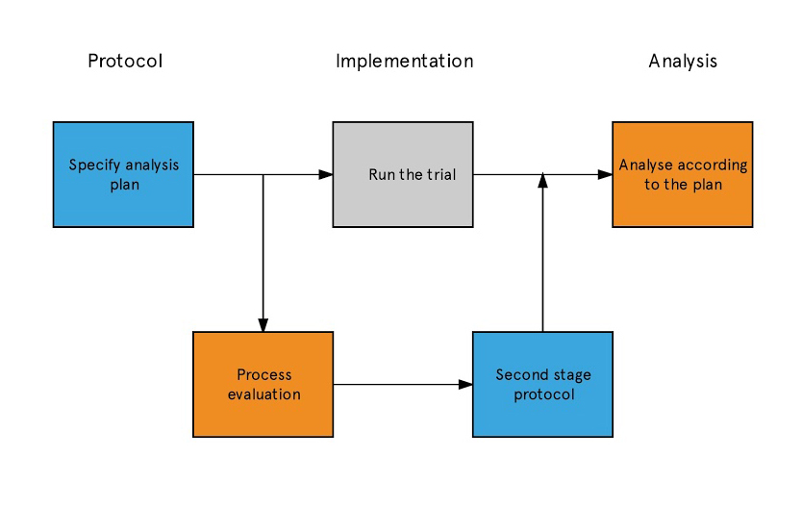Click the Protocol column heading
(125, 62)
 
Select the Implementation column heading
(405, 62)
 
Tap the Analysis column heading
(683, 62)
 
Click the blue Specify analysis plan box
(123, 174)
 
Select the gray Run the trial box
(403, 174)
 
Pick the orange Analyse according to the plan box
(683, 174)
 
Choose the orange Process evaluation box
(263, 384)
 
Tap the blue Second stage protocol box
(542, 384)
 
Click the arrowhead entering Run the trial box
(326, 174)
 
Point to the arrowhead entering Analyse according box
(605, 174)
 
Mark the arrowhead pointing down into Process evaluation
(263, 325)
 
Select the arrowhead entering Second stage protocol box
(465, 384)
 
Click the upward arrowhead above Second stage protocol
(542, 181)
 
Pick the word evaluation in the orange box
(263, 394)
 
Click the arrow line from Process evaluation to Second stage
(403, 384)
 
